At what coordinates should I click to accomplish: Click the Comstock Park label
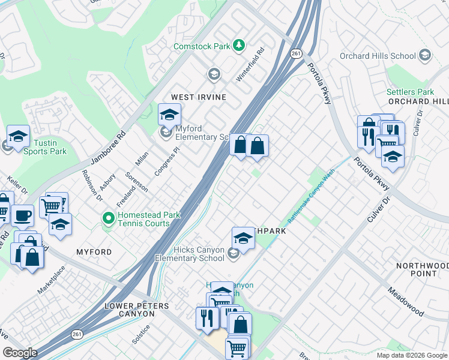(x=202, y=46)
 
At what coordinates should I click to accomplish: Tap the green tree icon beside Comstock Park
(x=239, y=46)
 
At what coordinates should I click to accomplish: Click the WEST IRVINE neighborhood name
(x=199, y=97)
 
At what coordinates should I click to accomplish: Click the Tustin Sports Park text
(x=44, y=147)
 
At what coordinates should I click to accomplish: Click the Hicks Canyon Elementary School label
(x=190, y=254)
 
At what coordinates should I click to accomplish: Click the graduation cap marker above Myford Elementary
(x=169, y=114)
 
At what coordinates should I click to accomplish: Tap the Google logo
(x=20, y=353)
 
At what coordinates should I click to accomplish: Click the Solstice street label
(x=141, y=335)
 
